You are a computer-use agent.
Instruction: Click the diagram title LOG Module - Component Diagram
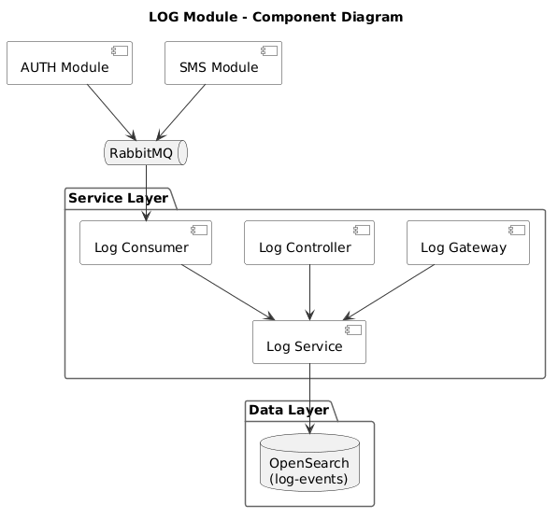pos(276,17)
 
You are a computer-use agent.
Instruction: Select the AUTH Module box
pos(69,63)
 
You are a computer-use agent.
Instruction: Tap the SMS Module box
pos(223,63)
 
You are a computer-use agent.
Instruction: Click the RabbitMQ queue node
pos(146,153)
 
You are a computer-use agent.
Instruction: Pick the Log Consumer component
pos(146,243)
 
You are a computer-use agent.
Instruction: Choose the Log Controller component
pos(309,243)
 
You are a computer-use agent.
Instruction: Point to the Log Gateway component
pos(468,243)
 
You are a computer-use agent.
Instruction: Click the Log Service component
pos(309,342)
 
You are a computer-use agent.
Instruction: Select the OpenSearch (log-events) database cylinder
pos(310,462)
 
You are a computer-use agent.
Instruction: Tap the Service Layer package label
pos(118,198)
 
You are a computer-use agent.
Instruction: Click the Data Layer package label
pos(289,410)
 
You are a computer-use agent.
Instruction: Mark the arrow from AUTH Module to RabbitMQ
pos(112,112)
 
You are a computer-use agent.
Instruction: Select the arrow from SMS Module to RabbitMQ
pos(180,112)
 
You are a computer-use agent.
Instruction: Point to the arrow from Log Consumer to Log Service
pos(228,292)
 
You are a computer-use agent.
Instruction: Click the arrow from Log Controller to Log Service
pos(310,292)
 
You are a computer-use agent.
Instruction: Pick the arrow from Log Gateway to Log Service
pos(389,292)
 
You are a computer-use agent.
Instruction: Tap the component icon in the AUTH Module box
pos(120,50)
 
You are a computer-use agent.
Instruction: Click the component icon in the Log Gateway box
pos(517,230)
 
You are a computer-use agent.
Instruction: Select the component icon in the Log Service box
pos(353,330)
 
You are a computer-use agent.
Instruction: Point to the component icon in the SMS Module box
pos(269,50)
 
